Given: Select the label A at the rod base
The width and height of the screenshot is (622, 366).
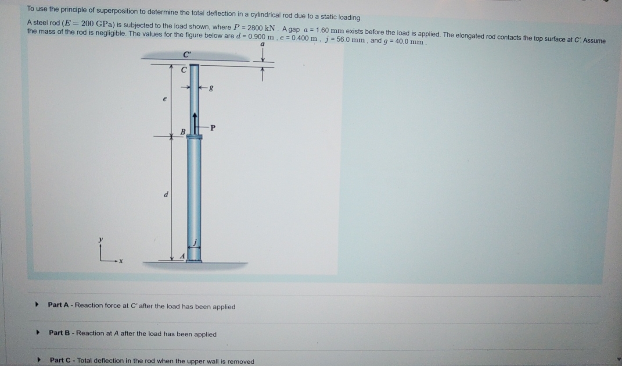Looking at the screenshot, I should (183, 256).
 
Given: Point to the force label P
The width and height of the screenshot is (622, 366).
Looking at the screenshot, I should (213, 128).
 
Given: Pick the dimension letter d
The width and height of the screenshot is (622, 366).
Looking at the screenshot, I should (165, 194).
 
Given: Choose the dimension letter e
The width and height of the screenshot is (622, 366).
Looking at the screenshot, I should (164, 99).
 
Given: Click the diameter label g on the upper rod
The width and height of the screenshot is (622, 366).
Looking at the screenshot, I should (211, 89).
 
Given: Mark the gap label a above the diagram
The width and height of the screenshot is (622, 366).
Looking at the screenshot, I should (262, 44).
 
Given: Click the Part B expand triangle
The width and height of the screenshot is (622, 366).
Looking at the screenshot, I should (38, 333).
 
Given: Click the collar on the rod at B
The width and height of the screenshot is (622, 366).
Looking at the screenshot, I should (194, 137).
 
